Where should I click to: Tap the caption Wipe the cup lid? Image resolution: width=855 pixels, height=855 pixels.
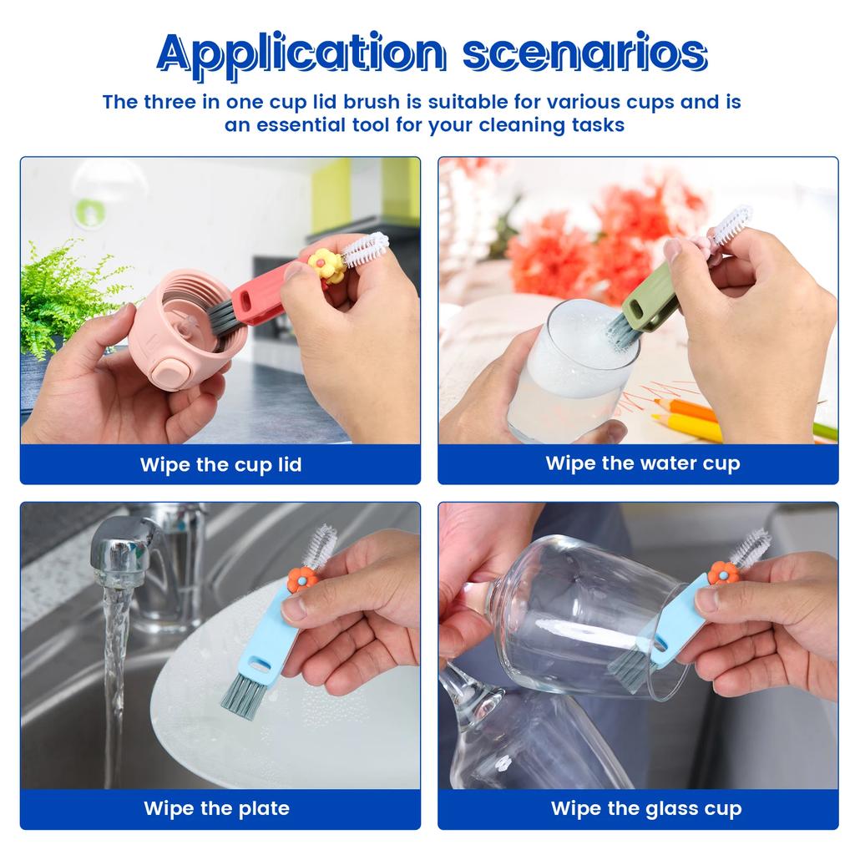[220, 464]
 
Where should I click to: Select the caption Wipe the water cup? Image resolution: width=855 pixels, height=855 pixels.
[642, 463]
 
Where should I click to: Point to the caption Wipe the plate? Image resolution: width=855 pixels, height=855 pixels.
[216, 808]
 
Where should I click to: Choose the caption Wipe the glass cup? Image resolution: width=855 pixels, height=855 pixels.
[645, 808]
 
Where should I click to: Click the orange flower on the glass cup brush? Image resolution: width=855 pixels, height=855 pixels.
[723, 572]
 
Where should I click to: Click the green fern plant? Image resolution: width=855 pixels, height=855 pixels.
[63, 292]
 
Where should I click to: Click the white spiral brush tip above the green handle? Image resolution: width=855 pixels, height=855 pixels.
[731, 225]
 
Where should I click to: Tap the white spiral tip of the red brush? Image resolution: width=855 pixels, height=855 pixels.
[366, 250]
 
